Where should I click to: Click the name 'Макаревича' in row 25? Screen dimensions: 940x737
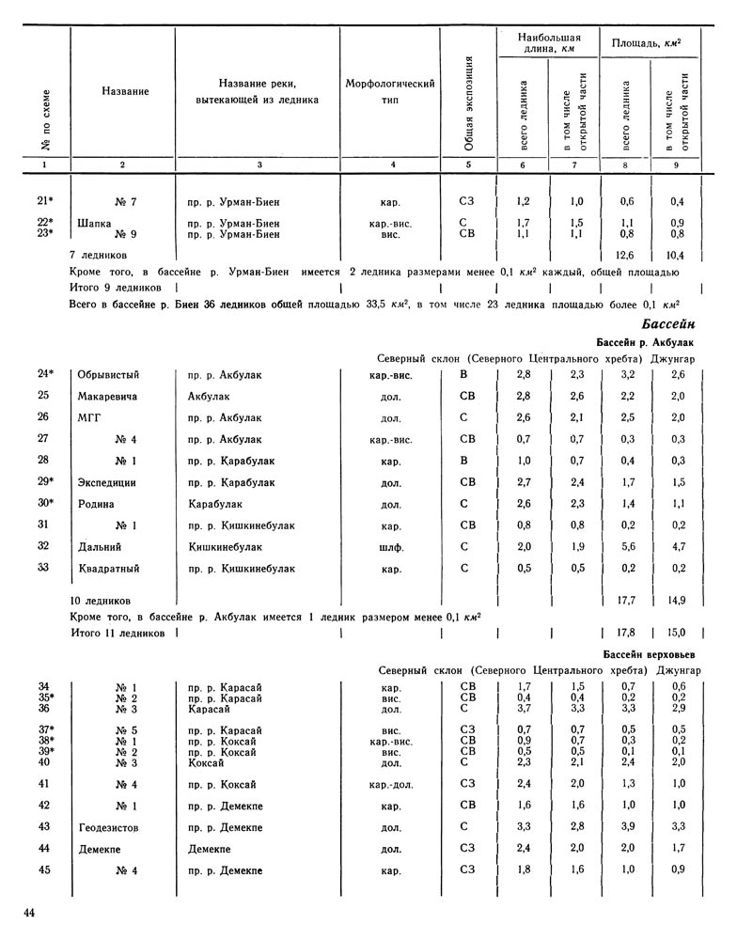point(108,397)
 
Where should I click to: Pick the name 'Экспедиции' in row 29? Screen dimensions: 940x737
point(108,482)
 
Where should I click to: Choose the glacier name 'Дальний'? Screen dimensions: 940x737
point(101,546)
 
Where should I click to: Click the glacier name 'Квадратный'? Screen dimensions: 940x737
point(108,568)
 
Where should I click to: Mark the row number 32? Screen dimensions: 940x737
point(42,546)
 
